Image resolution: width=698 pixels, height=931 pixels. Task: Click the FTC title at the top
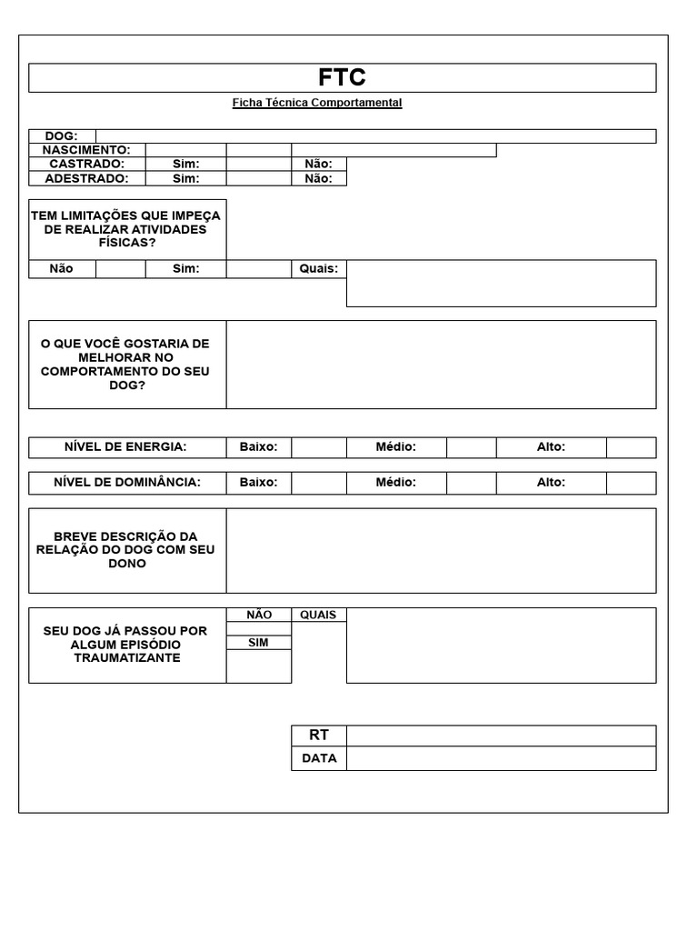(342, 78)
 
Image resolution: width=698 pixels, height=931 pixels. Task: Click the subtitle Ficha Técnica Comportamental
(316, 103)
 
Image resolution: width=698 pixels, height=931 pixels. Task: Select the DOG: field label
(62, 136)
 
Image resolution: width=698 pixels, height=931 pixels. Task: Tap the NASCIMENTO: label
(86, 150)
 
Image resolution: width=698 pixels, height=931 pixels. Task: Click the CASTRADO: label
(86, 164)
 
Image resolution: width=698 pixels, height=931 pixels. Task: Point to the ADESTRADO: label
(86, 178)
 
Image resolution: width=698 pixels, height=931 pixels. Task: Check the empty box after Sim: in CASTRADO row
(258, 164)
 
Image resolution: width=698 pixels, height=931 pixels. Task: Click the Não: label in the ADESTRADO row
(318, 178)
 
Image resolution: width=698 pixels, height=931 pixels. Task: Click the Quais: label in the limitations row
(318, 268)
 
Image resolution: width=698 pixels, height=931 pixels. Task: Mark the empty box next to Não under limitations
(120, 268)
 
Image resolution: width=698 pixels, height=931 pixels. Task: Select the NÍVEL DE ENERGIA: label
(125, 446)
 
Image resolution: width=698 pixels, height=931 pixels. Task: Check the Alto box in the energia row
(631, 446)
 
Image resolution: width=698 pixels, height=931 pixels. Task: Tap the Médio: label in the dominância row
(395, 482)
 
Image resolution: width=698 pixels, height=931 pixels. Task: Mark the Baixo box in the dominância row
(318, 482)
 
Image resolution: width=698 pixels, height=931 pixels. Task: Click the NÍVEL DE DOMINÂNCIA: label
(126, 482)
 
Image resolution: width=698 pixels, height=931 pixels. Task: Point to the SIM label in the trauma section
(258, 642)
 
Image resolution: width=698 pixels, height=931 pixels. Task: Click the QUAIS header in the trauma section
(318, 615)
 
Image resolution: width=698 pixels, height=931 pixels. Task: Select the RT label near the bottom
(318, 735)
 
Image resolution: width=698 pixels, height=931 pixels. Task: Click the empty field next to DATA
(500, 758)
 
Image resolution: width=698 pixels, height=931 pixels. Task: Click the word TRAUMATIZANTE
(126, 657)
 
